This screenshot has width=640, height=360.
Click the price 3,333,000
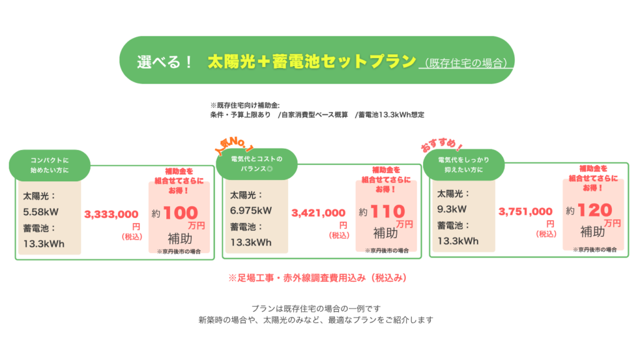[111, 214]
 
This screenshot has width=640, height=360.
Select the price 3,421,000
[318, 212]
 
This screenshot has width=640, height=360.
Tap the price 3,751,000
[525, 211]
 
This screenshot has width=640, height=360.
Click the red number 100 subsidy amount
[181, 212]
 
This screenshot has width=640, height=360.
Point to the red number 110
[387, 211]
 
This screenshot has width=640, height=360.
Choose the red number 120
[595, 210]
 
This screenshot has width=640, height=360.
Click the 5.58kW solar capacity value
[41, 212]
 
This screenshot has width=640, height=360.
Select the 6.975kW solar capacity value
[251, 211]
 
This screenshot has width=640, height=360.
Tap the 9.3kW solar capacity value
[452, 209]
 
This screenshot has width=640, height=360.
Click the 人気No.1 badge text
[234, 145]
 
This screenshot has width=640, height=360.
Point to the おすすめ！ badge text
[442, 145]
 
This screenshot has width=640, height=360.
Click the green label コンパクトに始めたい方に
[49, 165]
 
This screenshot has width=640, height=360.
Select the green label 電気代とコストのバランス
[257, 164]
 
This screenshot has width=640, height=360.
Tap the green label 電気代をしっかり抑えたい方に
[464, 165]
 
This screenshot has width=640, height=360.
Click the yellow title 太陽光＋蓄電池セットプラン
[312, 62]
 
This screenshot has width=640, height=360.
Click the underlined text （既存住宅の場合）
[466, 63]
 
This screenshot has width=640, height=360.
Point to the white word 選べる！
[164, 62]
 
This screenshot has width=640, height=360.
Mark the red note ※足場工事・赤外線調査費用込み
[317, 278]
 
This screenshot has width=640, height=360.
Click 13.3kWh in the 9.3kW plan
[457, 241]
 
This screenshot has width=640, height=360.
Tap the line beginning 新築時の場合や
[316, 320]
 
